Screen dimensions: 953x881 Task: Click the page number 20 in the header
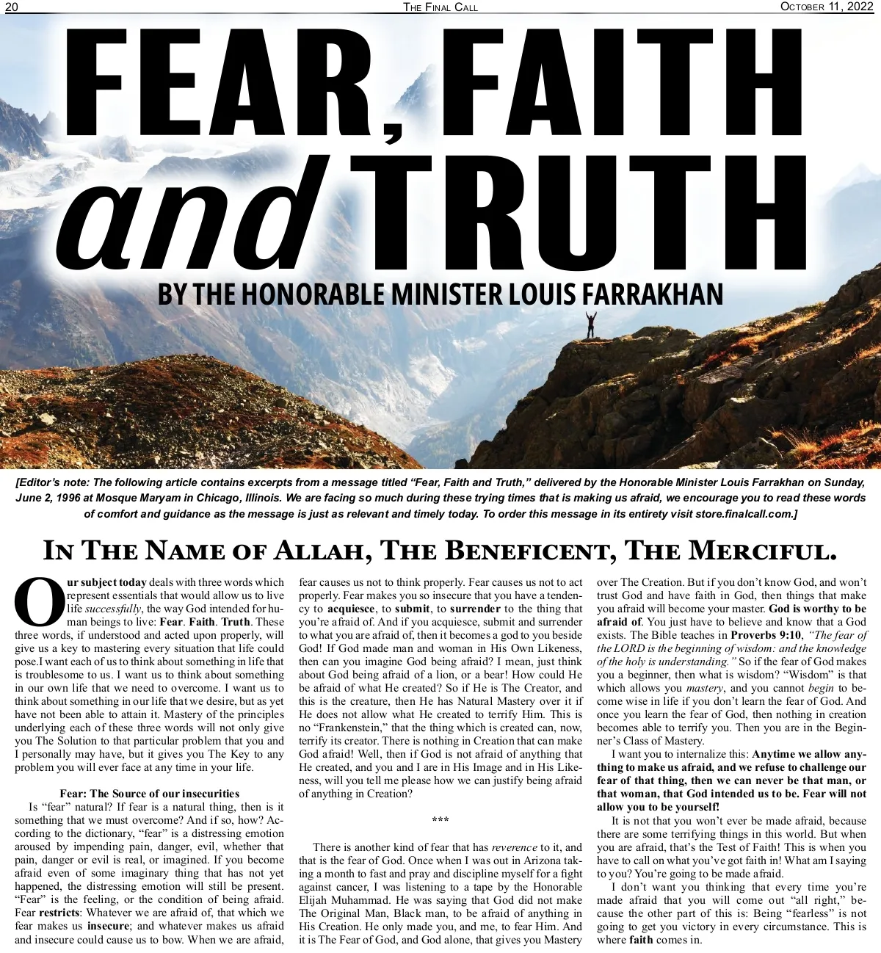[x=12, y=7]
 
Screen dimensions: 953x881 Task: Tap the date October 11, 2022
[x=826, y=7]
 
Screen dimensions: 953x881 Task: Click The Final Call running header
[x=440, y=7]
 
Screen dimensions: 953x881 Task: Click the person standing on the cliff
[x=591, y=325]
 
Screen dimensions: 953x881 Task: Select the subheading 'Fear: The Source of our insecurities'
[x=149, y=794]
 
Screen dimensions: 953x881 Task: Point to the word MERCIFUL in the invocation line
[x=761, y=551]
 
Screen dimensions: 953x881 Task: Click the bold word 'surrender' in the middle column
[x=475, y=609]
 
